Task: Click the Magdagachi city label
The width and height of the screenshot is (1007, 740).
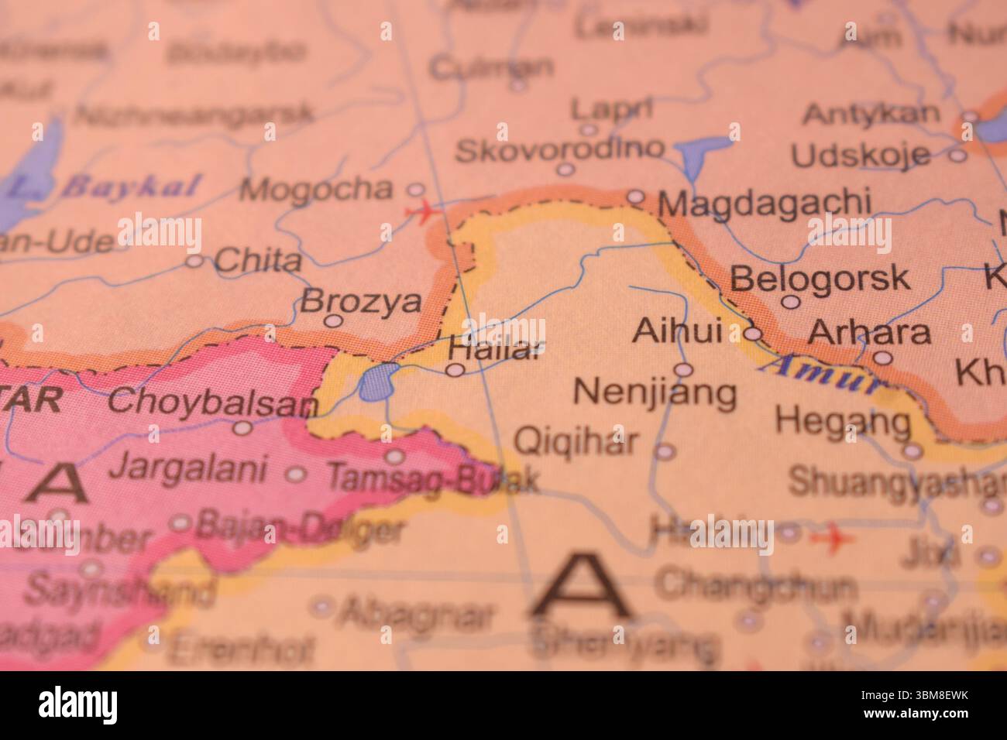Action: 763,204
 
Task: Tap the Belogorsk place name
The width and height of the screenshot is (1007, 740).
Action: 820,277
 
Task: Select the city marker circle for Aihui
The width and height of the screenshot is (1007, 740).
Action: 754,334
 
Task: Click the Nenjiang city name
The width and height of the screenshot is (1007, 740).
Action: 655,392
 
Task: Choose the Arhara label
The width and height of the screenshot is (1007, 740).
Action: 868,332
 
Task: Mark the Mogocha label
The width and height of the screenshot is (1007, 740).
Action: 316,188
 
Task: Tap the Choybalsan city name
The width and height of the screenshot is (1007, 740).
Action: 213,403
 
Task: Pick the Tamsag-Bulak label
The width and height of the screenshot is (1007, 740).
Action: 431,478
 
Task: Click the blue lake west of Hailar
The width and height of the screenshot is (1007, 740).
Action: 376,382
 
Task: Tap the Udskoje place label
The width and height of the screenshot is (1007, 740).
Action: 860,156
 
